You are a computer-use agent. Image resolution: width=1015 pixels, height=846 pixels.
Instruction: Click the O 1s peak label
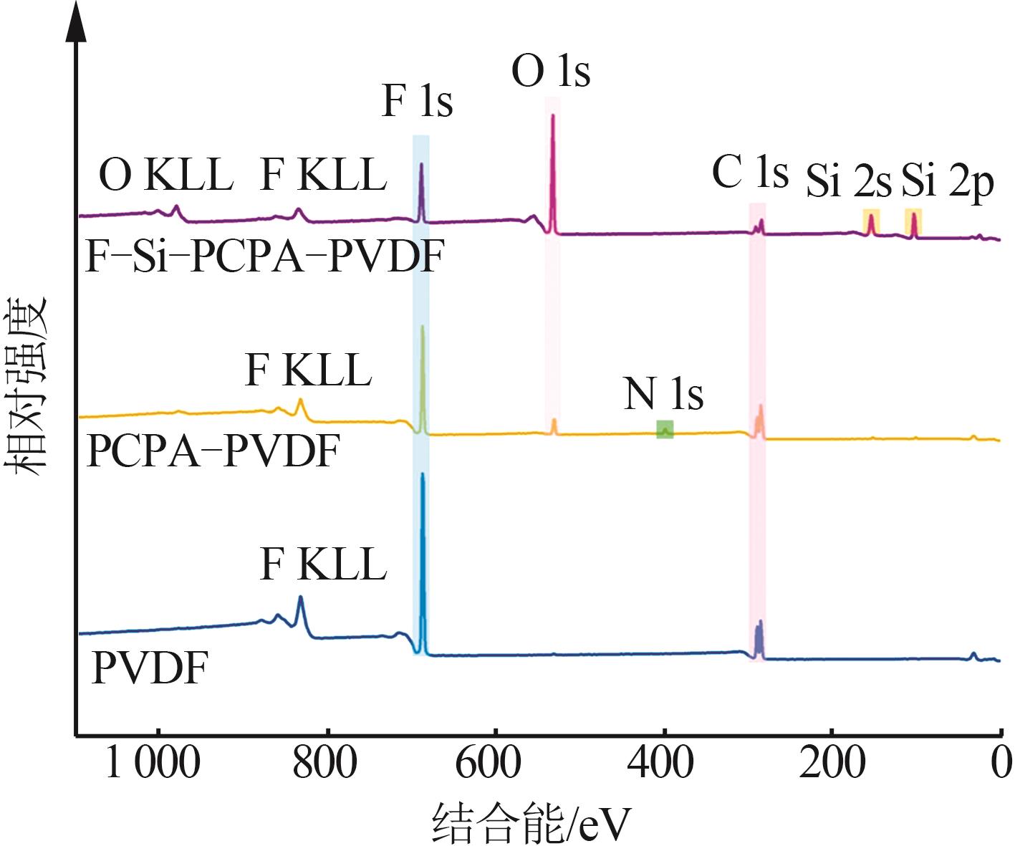(x=551, y=72)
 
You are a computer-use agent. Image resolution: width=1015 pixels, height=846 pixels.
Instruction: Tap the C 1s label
(x=750, y=173)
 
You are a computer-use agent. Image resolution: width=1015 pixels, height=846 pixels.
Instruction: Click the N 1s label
(x=663, y=393)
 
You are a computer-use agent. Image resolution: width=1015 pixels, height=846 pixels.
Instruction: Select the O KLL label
(x=165, y=175)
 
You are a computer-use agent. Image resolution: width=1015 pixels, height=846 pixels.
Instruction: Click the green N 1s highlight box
(x=665, y=429)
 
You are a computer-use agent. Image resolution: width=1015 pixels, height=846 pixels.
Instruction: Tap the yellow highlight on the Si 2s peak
(x=871, y=221)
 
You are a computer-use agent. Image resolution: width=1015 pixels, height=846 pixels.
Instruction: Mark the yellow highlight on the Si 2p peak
(x=913, y=221)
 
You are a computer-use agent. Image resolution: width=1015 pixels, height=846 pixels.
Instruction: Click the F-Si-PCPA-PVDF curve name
(x=265, y=256)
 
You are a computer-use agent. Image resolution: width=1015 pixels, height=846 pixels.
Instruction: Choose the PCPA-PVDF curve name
(x=212, y=451)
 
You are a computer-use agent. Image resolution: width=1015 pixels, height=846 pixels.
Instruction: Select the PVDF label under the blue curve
(x=150, y=668)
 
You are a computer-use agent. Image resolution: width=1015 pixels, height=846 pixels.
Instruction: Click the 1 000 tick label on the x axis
(x=152, y=762)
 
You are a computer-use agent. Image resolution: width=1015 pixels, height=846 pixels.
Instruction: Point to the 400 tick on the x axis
(x=660, y=762)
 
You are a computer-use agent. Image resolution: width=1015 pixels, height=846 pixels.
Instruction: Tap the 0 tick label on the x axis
(x=1001, y=762)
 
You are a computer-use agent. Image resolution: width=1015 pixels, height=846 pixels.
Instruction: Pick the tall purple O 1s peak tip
(x=552, y=116)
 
